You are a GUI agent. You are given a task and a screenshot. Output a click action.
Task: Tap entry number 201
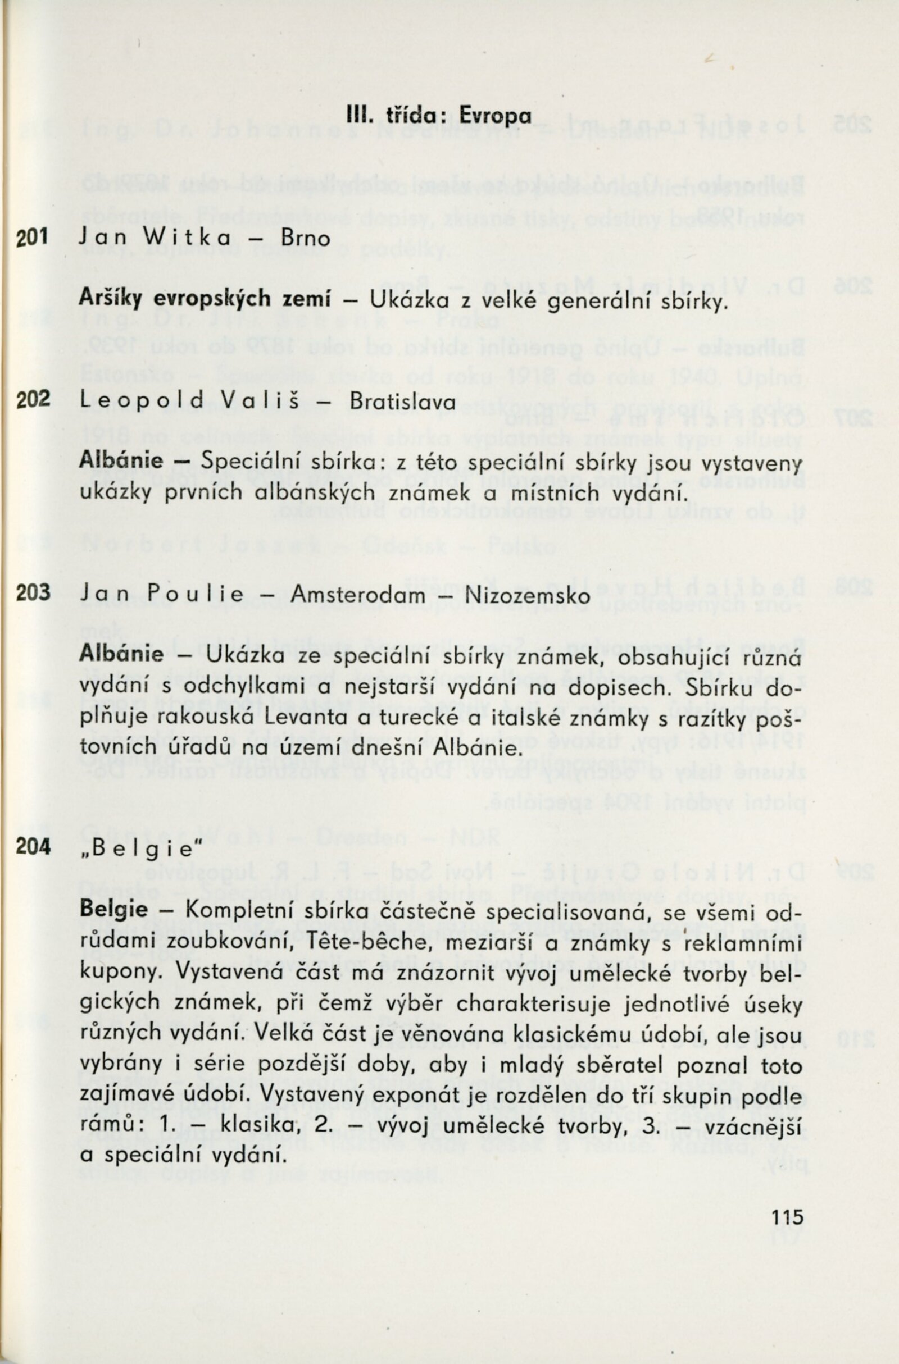tap(33, 237)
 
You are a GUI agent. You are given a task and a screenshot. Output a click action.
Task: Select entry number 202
tap(33, 400)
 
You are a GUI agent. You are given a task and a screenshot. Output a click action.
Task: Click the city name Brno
tap(306, 238)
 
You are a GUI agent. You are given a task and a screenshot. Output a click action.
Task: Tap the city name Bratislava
tap(402, 401)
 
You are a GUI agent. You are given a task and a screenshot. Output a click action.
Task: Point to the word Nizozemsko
tap(528, 595)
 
